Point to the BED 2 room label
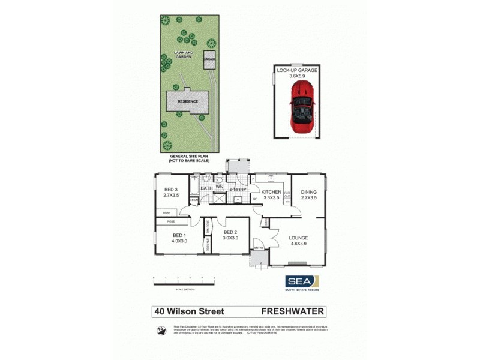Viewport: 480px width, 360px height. (231, 235)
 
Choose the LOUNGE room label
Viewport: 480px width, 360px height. (298, 241)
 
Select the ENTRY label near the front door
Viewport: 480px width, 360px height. (259, 247)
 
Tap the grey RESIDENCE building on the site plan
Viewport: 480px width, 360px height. (187, 101)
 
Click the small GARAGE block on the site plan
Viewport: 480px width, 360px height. (209, 60)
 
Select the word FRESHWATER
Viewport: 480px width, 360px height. (293, 311)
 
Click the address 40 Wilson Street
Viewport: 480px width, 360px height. (189, 311)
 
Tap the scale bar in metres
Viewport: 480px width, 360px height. (184, 280)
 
